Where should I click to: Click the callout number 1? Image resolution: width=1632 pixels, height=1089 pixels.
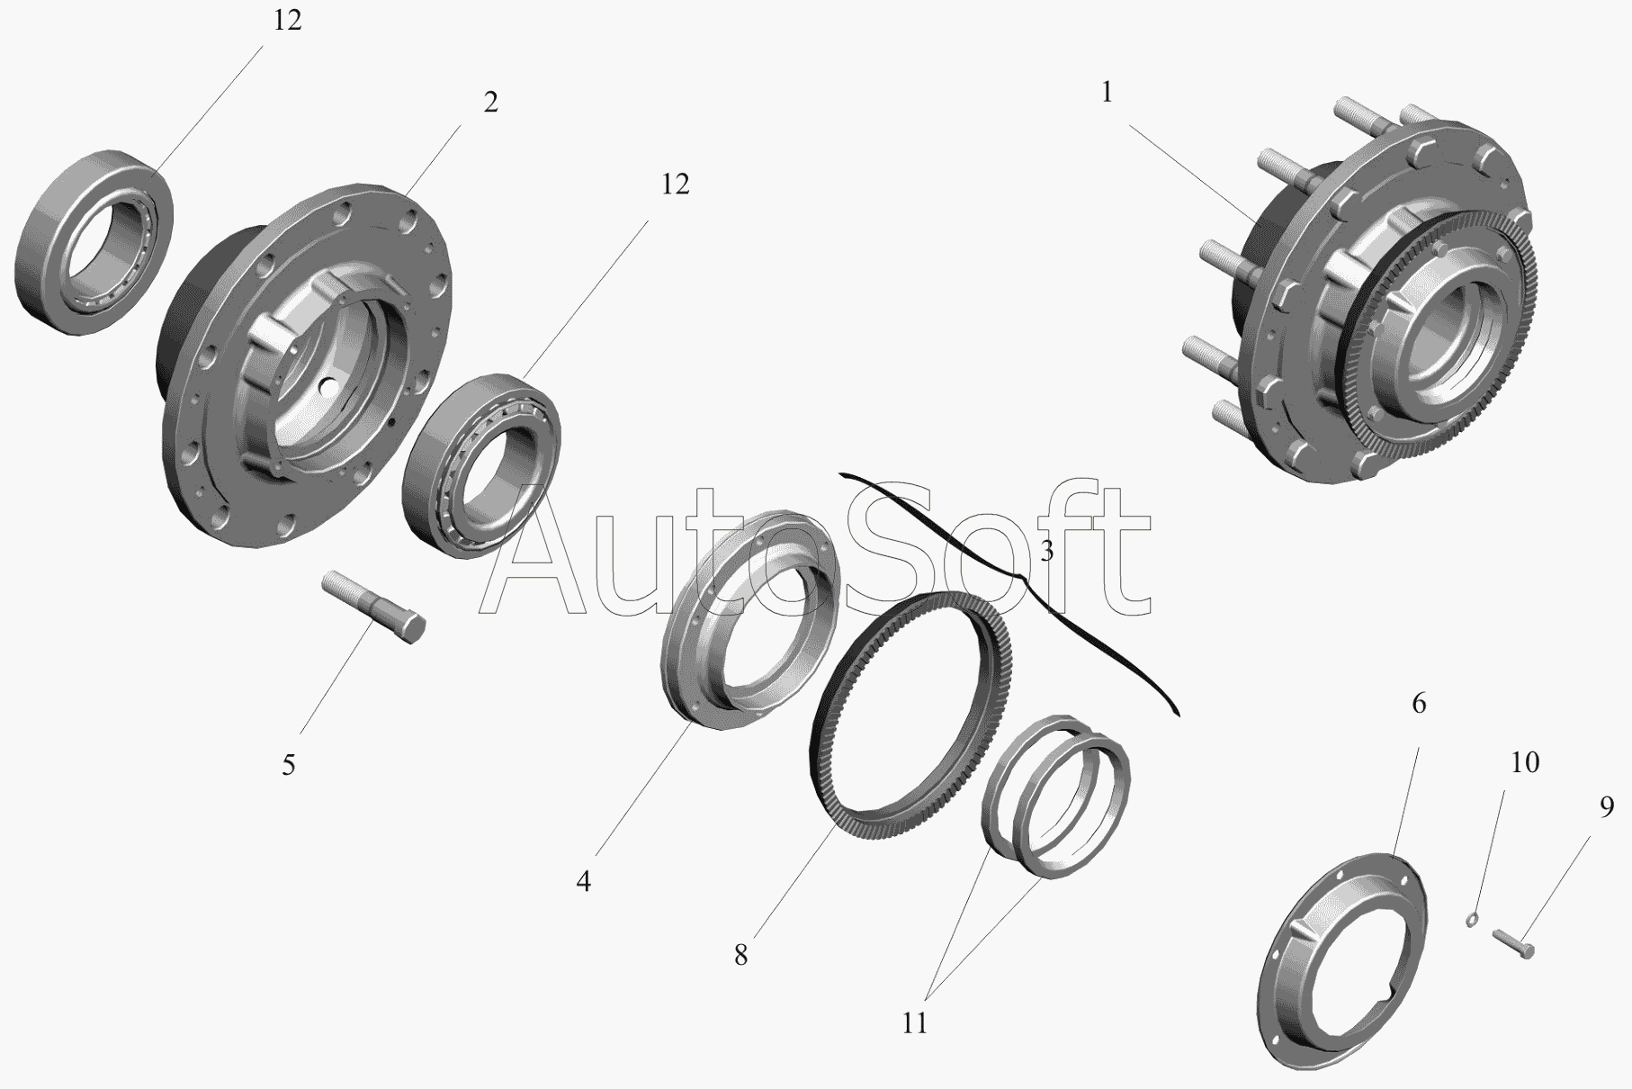1107,93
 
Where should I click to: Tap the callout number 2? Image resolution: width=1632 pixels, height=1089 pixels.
490,103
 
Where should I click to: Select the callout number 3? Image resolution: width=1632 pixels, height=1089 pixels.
1046,551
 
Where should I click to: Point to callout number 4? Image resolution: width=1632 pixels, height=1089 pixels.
584,882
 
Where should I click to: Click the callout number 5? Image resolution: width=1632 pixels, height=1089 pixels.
288,765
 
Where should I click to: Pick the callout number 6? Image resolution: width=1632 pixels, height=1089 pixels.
1419,703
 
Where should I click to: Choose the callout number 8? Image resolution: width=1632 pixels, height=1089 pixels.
740,955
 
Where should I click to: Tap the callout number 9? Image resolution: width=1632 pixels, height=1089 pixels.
1607,808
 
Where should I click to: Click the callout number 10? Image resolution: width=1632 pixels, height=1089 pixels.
1524,763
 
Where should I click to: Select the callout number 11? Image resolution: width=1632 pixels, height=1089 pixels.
914,1023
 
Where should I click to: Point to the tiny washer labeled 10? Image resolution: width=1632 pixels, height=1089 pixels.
1472,920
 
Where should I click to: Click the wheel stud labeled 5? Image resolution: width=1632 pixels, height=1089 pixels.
373,606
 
